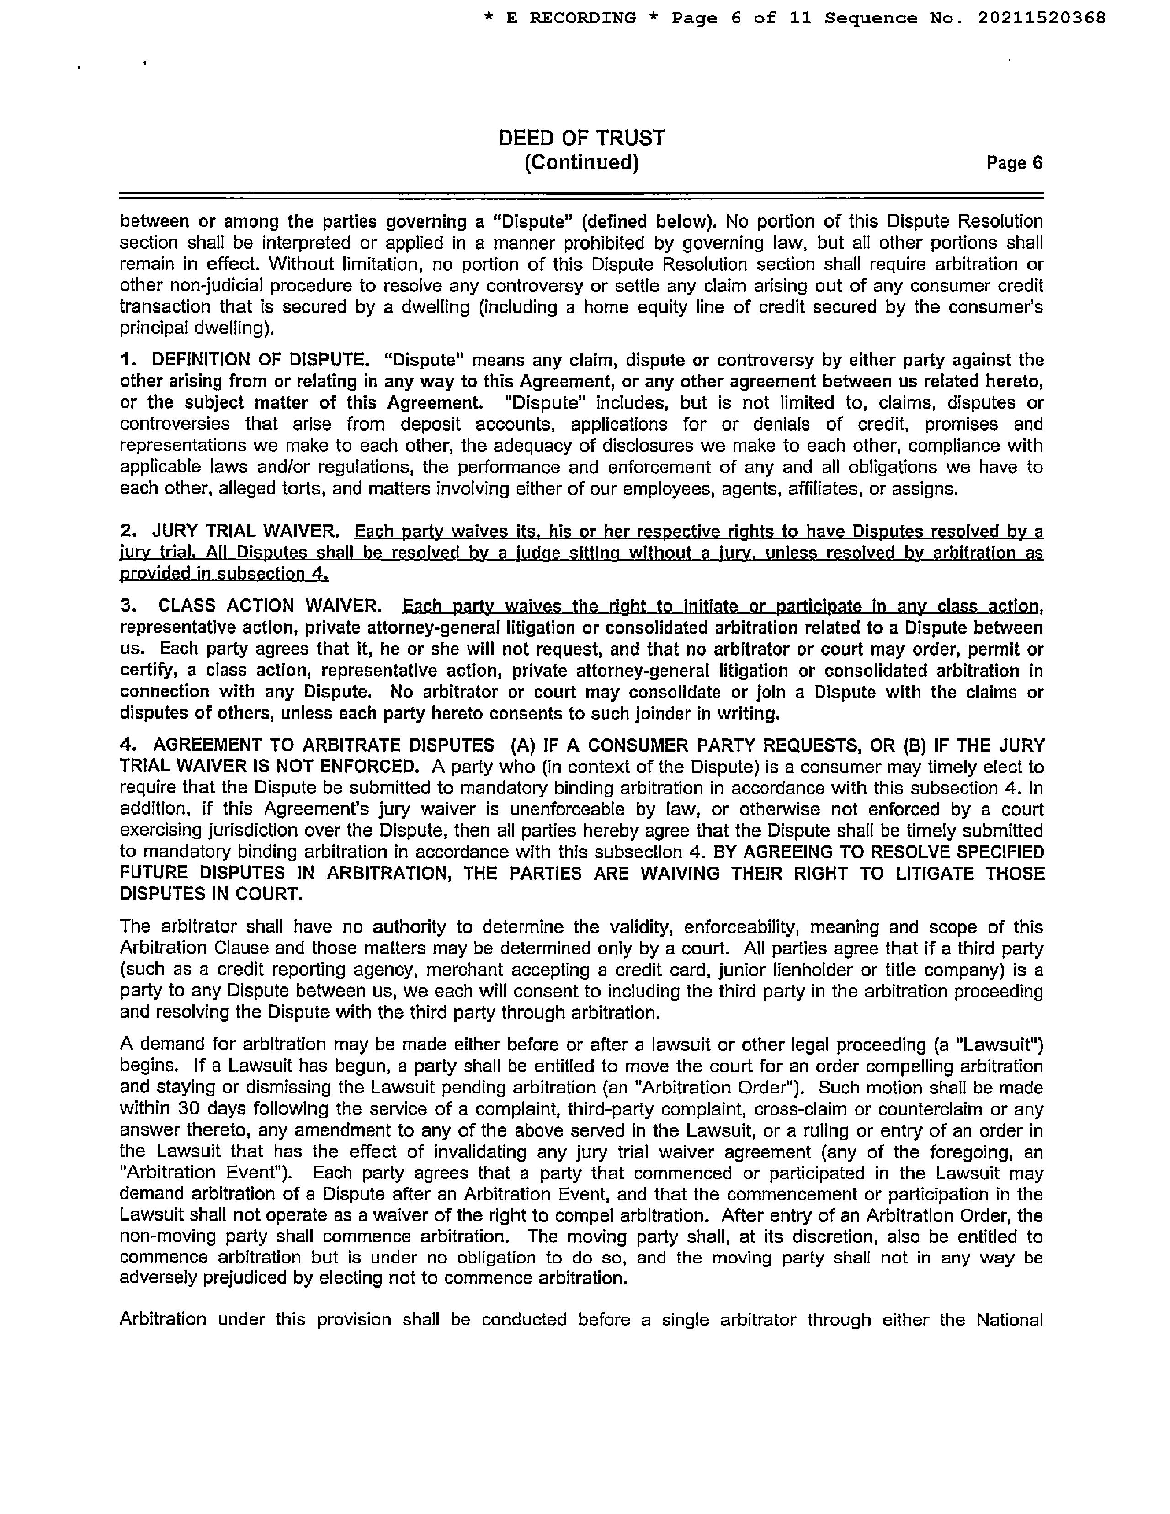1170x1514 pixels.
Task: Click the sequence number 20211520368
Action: pos(1041,18)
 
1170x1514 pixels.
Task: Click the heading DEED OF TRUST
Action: pos(581,139)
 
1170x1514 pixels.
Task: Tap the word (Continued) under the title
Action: pos(581,163)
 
